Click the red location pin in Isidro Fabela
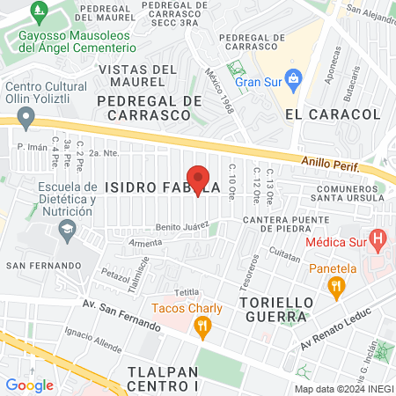198,179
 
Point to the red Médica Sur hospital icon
378,237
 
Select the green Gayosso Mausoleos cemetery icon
38,12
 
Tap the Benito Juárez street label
182,226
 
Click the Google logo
29,384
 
